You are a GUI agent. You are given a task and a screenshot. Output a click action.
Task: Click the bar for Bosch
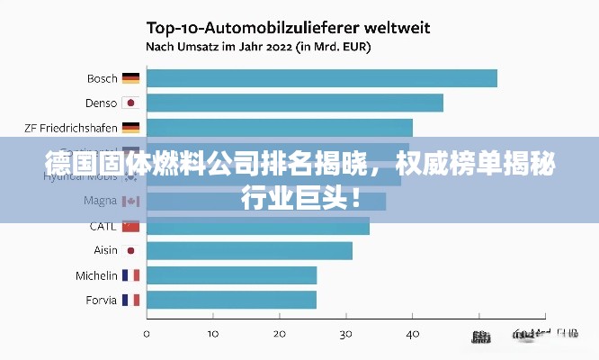point(322,78)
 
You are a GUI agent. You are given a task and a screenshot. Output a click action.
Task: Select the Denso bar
point(295,103)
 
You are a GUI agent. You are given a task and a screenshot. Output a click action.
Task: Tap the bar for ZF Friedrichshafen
point(280,128)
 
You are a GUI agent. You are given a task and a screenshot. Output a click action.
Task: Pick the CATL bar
point(258,226)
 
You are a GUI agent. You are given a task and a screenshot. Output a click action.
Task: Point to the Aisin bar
point(249,250)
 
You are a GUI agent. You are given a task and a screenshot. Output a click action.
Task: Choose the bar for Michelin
point(231,275)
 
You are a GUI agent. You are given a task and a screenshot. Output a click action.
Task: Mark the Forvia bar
point(231,300)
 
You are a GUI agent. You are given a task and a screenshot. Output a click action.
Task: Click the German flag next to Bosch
point(130,78)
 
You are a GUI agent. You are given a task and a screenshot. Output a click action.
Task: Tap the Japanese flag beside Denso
point(130,103)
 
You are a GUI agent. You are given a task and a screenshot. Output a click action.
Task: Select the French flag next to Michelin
point(130,275)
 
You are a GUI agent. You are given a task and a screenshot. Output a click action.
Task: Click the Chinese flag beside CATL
point(130,226)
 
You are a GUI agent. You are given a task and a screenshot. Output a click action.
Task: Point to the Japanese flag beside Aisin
point(130,250)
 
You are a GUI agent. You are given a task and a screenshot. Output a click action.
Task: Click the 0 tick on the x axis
point(147,334)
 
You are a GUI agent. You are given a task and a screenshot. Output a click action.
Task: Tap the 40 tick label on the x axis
point(412,334)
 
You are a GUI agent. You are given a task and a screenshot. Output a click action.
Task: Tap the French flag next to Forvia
point(130,300)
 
